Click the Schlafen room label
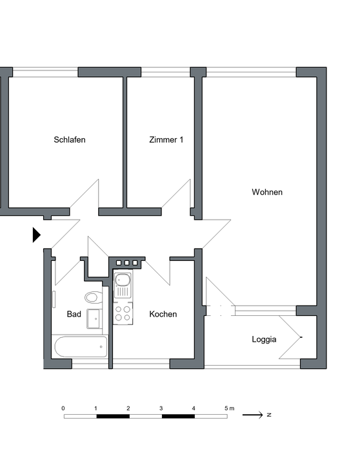[x=70, y=140]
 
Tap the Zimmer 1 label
[x=166, y=140]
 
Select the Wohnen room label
[x=267, y=192]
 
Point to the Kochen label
[x=163, y=314]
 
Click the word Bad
[x=74, y=314]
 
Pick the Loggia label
[x=264, y=339]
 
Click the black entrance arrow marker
[x=36, y=235]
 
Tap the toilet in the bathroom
[x=94, y=298]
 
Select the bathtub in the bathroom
[x=81, y=347]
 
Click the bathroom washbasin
[x=94, y=318]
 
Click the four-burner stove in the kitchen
[x=123, y=313]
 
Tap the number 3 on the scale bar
[x=161, y=408]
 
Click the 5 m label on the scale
[x=229, y=408]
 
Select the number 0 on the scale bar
[x=63, y=408]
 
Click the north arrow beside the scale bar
[x=252, y=415]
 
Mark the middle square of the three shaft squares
[x=126, y=263]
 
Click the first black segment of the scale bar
[x=113, y=416]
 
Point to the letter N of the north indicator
[x=269, y=415]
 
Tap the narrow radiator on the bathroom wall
[x=54, y=299]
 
